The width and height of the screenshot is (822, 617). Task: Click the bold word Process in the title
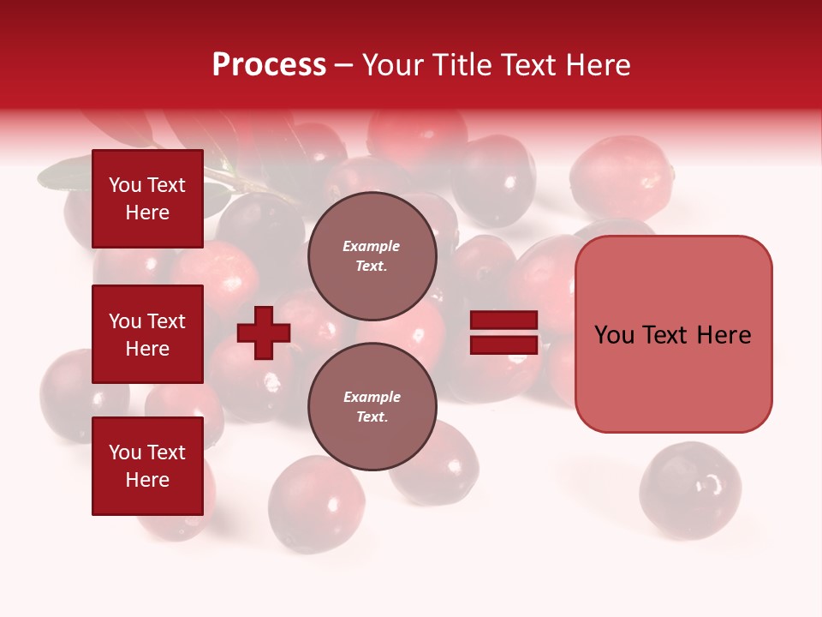(269, 65)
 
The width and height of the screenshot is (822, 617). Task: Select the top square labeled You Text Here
(147, 199)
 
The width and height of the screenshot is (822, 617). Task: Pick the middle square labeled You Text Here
(147, 334)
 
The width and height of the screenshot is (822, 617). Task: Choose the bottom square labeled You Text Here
(147, 466)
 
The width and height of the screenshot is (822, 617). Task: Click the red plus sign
(263, 333)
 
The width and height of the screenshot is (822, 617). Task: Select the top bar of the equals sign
(504, 320)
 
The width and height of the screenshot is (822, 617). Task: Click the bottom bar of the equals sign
(504, 345)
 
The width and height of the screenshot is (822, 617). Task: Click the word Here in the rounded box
(724, 335)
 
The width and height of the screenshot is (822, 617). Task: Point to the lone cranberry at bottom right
(690, 490)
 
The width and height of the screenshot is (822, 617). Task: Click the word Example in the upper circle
(371, 246)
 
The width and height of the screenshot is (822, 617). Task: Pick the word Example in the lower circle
(372, 397)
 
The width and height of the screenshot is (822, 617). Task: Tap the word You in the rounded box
(615, 335)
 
